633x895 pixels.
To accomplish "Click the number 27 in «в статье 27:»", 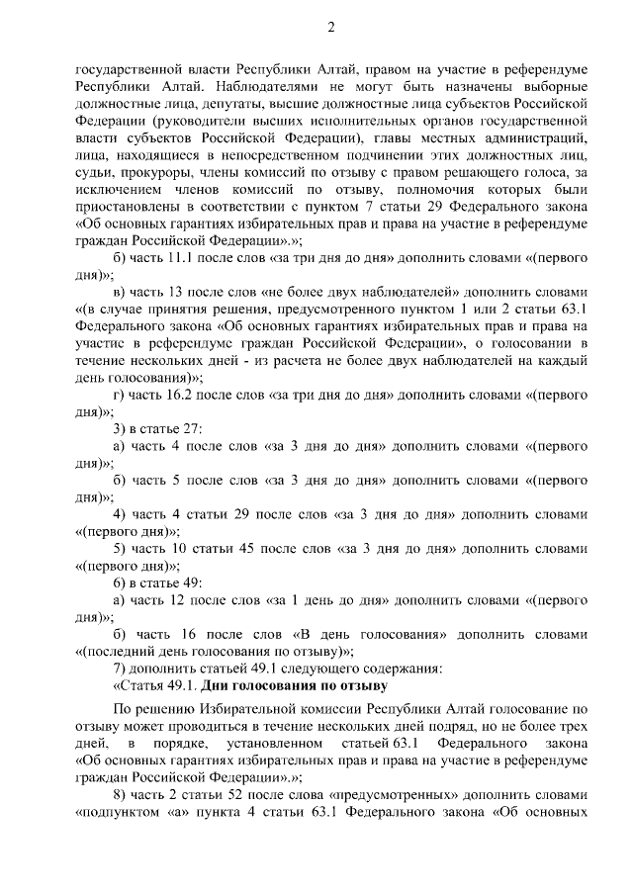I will tap(192, 428).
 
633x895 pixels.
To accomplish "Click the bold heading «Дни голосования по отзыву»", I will tap(295, 684).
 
